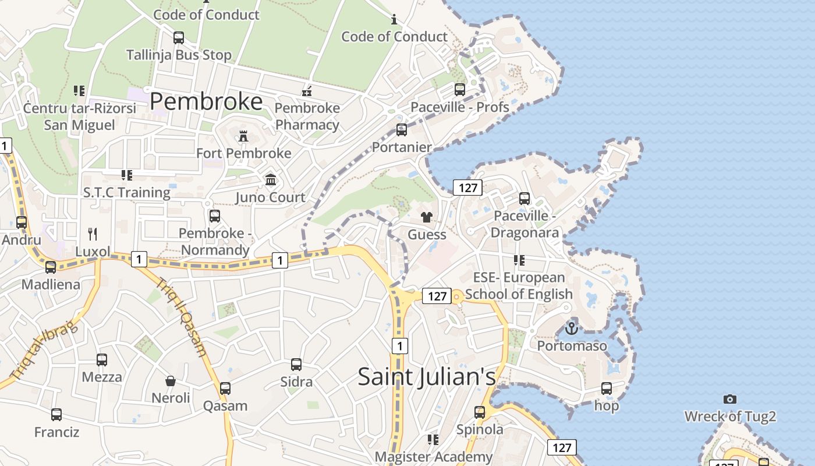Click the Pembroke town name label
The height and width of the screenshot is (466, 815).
click(206, 102)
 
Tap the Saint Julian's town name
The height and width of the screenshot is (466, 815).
click(427, 376)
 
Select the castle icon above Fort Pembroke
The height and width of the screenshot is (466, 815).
click(243, 136)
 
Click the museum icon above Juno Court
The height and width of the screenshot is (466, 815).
click(271, 179)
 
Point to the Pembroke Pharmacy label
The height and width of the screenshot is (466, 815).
click(307, 116)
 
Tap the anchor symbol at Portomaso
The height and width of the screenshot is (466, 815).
click(572, 329)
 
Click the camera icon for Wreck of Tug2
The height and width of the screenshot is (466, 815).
click(730, 399)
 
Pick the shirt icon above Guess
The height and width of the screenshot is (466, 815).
click(427, 217)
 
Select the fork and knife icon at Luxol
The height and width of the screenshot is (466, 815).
click(93, 234)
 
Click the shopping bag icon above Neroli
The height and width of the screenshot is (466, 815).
click(171, 381)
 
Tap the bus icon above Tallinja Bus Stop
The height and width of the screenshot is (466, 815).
click(179, 38)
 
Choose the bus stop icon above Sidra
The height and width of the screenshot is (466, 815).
click(296, 365)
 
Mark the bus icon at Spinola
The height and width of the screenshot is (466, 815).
click(480, 412)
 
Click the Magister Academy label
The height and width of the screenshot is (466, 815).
click(434, 457)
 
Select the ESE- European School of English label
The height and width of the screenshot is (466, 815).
click(519, 285)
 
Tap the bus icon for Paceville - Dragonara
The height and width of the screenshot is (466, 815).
click(525, 199)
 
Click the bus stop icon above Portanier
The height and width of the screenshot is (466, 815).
click(402, 130)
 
